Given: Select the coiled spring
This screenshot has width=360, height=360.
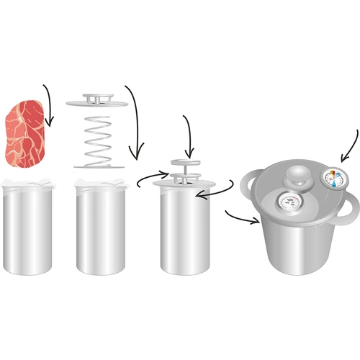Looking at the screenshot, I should pyautogui.click(x=101, y=137).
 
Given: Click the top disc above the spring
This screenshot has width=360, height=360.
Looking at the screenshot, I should pyautogui.click(x=101, y=101).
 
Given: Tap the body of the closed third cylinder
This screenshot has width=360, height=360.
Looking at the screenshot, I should pyautogui.click(x=181, y=234).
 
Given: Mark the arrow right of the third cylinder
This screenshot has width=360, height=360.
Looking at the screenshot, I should pyautogui.click(x=216, y=193).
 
